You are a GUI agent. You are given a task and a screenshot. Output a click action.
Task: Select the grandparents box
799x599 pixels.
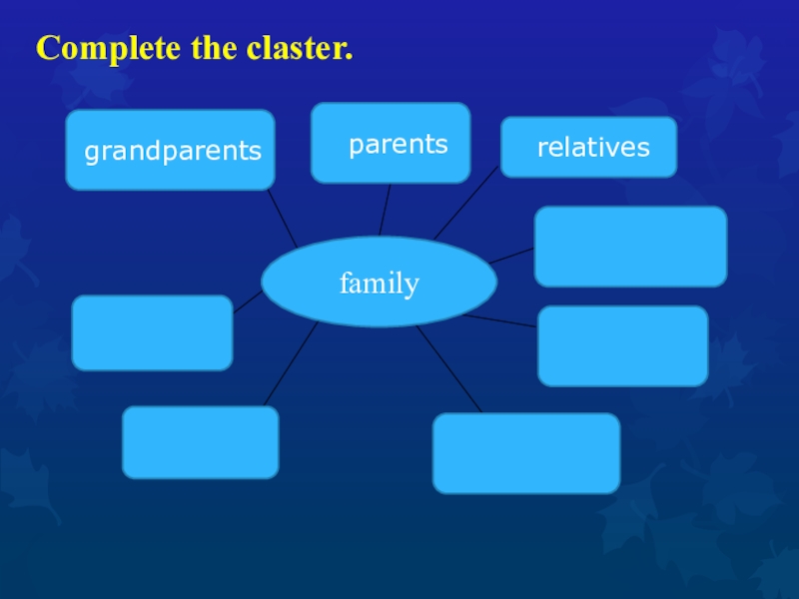click(x=170, y=150)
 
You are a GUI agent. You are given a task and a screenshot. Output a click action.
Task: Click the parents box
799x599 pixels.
click(x=391, y=143)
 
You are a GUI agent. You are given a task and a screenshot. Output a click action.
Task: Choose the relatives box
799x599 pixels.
click(x=588, y=148)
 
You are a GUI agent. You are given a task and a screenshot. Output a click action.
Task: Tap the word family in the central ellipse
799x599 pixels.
click(x=379, y=284)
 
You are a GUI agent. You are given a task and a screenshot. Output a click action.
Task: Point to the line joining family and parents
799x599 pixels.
click(x=384, y=210)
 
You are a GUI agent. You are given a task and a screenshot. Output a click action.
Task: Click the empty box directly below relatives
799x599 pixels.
click(x=630, y=247)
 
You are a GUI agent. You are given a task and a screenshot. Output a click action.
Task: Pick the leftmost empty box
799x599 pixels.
click(x=152, y=332)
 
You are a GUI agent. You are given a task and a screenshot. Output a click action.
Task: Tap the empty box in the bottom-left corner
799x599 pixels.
click(x=200, y=441)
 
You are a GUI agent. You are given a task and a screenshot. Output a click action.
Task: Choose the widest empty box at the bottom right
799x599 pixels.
click(x=525, y=453)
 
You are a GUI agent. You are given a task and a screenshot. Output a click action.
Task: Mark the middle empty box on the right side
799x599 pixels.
click(x=622, y=345)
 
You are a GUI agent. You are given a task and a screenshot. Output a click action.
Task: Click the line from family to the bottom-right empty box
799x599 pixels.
click(x=449, y=369)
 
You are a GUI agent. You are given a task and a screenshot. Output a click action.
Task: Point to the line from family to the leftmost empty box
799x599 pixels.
click(x=248, y=301)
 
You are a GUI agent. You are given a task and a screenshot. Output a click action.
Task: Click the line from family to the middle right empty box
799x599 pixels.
click(x=501, y=320)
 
